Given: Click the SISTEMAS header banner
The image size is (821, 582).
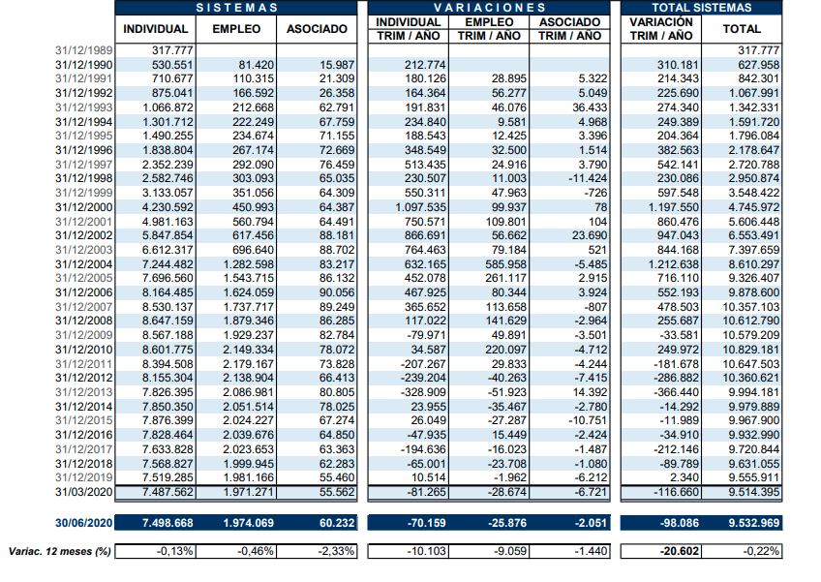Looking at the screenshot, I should click(x=236, y=8).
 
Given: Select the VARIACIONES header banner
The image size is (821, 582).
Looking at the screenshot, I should click(x=489, y=8).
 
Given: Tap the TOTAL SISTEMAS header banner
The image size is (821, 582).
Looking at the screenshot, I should click(x=702, y=8).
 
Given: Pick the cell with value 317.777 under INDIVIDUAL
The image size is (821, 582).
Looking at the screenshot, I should click(x=170, y=50).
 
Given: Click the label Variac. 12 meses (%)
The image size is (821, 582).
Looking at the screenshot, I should click(x=57, y=551).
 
